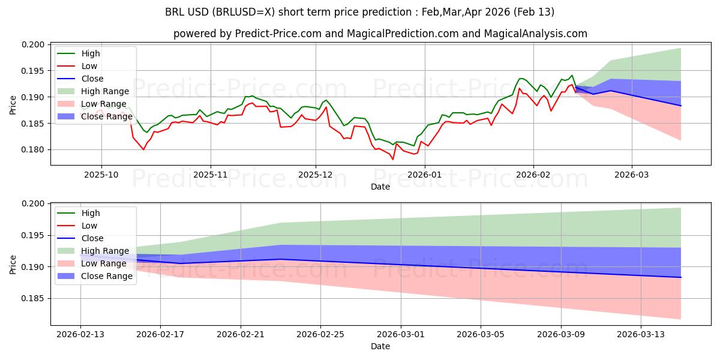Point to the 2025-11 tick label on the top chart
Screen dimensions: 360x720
pyautogui.click(x=210, y=175)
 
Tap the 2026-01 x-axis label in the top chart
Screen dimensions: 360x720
pyautogui.click(x=425, y=175)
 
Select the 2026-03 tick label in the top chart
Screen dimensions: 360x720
pyautogui.click(x=631, y=175)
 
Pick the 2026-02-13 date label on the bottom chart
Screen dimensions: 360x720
pyautogui.click(x=80, y=334)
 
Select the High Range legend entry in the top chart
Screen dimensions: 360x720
pyautogui.click(x=105, y=91)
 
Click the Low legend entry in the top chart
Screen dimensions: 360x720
pyautogui.click(x=89, y=66)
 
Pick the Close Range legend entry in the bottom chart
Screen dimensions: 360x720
pyautogui.click(x=107, y=276)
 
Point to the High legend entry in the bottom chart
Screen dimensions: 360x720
pyautogui.click(x=91, y=213)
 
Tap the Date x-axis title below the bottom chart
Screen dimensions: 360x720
pyautogui.click(x=380, y=346)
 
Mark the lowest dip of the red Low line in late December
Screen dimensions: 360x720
pyautogui.click(x=393, y=159)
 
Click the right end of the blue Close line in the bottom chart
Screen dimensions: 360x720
pyautogui.click(x=681, y=277)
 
